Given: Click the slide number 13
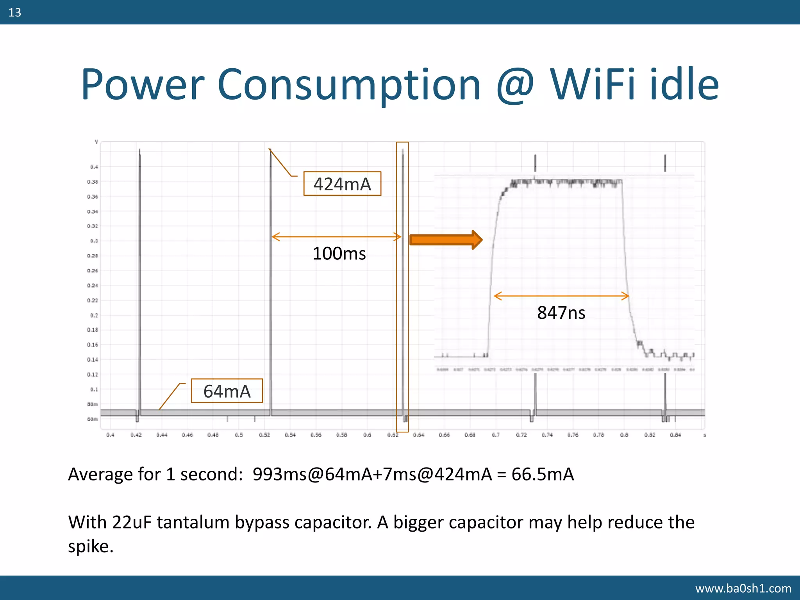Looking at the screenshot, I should point(14,12).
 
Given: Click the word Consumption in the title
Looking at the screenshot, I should point(348,85).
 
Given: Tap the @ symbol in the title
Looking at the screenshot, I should point(515,85).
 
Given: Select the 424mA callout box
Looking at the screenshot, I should point(342,184).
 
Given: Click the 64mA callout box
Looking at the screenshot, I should point(227,391).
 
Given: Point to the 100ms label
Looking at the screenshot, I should point(339,254).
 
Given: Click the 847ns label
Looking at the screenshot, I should point(561,313).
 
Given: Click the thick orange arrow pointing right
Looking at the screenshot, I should point(446,239).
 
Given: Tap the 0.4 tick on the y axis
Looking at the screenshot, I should point(94,167).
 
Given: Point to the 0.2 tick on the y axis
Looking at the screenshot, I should point(94,315).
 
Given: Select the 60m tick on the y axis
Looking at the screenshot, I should point(93,419).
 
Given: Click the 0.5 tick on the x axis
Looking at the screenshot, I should point(239,435).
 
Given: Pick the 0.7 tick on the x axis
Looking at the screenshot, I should point(495,435).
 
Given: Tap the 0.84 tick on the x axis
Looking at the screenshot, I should point(675,435).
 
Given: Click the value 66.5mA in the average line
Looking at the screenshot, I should point(543,474).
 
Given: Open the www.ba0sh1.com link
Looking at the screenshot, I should point(743,588).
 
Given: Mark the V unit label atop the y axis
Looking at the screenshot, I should point(96,142).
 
